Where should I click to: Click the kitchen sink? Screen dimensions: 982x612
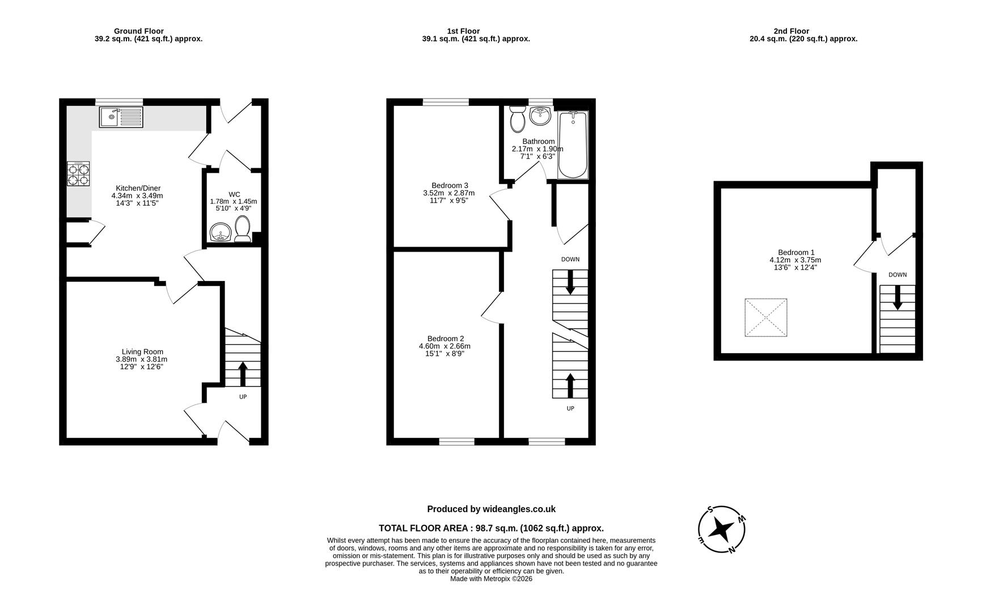click(121, 117)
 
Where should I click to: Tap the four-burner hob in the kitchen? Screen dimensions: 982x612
click(78, 174)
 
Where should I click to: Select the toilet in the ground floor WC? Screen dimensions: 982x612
click(243, 229)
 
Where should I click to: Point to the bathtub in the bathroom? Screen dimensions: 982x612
click(573, 145)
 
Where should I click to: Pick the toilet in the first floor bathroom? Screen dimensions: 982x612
click(517, 118)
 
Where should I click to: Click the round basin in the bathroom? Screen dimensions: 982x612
click(540, 117)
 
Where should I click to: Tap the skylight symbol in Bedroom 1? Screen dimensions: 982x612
click(766, 317)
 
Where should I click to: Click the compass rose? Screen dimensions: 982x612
click(722, 529)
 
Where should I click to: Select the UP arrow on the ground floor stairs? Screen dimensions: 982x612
click(243, 374)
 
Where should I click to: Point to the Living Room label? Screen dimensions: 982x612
click(142, 352)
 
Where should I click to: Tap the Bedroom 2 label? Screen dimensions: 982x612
click(446, 339)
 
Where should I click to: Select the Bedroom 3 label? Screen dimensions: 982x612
click(450, 185)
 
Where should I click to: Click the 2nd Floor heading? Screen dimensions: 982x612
click(791, 31)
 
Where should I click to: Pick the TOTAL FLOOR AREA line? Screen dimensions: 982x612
click(491, 528)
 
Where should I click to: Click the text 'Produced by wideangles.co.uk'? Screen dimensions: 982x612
click(491, 509)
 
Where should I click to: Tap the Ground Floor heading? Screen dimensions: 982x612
click(139, 31)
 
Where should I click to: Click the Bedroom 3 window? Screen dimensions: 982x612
click(446, 102)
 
